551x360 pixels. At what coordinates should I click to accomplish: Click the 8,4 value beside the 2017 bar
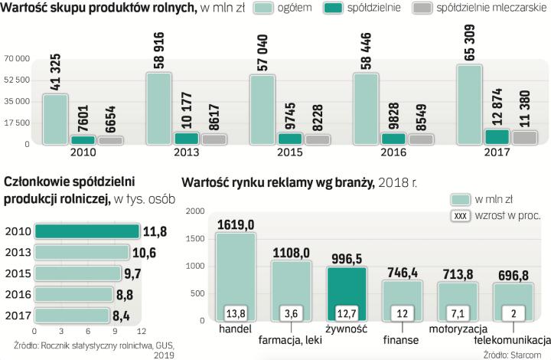[133, 316]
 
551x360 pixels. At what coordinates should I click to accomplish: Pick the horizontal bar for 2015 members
[79, 273]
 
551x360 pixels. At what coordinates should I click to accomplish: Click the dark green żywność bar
[347, 294]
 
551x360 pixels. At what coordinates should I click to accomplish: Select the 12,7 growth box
[347, 312]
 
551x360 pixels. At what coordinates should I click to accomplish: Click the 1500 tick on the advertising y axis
[195, 238]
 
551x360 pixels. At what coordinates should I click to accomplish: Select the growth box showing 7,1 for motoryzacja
[457, 312]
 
